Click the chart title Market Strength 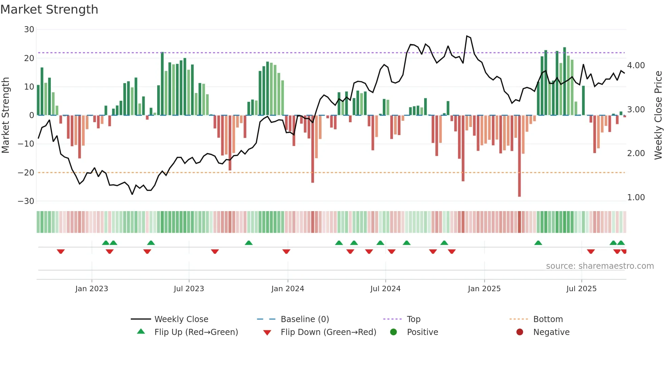[x=49, y=10]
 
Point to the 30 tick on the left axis [x=29, y=30]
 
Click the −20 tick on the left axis [x=26, y=172]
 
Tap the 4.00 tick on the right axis [x=636, y=65]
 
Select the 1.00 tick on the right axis [x=636, y=197]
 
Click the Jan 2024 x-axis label [x=288, y=289]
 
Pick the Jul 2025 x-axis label [x=581, y=289]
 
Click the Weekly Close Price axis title [x=658, y=115]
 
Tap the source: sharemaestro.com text [x=600, y=266]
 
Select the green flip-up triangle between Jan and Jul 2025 [x=538, y=243]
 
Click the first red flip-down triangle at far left [x=61, y=251]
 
